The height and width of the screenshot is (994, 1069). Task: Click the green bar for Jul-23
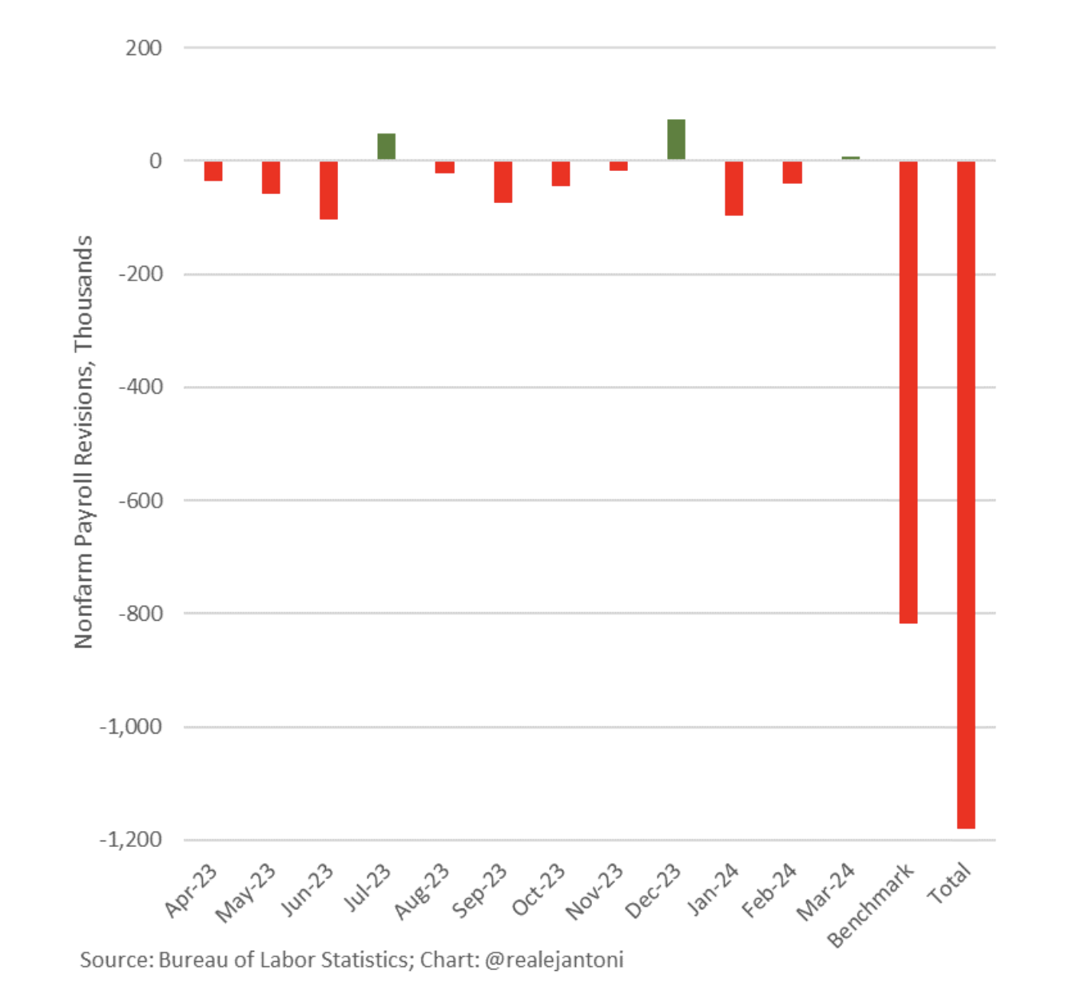(386, 147)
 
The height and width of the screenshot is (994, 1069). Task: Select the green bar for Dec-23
(676, 140)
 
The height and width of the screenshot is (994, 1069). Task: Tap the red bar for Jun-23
(328, 190)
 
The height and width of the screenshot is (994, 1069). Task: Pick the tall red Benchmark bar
(908, 392)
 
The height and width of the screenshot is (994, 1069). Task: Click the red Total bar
(966, 495)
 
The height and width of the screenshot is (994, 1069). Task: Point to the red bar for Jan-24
(734, 189)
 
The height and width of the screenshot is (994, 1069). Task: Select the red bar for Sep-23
(503, 182)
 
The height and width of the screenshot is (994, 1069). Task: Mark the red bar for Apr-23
(213, 171)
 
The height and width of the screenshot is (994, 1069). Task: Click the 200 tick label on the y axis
(144, 48)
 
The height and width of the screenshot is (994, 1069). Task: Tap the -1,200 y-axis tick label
(131, 840)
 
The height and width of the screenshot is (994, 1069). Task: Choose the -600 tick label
(141, 500)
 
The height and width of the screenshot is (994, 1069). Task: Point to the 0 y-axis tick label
(155, 161)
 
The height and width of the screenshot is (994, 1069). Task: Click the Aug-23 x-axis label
(423, 892)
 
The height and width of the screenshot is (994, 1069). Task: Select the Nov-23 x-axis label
(595, 893)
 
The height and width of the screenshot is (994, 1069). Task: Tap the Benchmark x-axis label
(871, 905)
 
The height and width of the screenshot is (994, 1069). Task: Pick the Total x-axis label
(949, 883)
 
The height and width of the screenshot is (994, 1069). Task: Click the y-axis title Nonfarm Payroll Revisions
(83, 441)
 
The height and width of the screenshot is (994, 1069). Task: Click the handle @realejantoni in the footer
(554, 960)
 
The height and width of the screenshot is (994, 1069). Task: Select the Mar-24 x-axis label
(827, 892)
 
